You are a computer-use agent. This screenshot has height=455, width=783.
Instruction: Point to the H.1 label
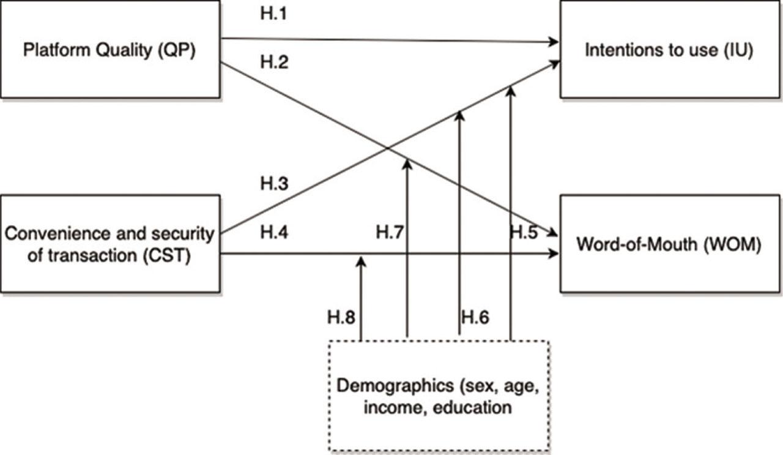(273, 13)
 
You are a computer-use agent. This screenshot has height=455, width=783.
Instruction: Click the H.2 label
(275, 62)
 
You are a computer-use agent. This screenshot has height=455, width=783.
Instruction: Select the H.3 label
(275, 184)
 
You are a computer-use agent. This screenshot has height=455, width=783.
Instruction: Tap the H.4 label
(275, 233)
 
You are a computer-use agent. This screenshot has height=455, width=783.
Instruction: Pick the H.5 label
(524, 233)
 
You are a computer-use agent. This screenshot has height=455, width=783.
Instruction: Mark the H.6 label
(475, 317)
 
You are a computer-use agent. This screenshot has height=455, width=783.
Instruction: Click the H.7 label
(390, 233)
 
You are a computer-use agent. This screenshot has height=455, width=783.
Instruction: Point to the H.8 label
(341, 317)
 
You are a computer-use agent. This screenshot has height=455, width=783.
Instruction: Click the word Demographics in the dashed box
(395, 386)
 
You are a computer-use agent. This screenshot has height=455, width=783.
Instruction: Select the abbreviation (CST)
(167, 255)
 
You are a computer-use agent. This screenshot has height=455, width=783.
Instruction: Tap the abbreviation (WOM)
(732, 244)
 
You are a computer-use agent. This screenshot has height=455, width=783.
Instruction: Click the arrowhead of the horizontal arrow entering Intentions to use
(554, 42)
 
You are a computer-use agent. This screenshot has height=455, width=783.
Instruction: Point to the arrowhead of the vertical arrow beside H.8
(361, 262)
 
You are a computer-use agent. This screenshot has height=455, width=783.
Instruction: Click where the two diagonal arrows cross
(387, 148)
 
